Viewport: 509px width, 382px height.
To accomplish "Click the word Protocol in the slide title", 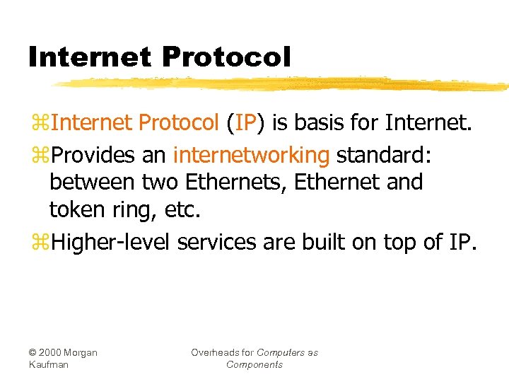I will coord(221,57).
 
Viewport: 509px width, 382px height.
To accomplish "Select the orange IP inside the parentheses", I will coord(245,123).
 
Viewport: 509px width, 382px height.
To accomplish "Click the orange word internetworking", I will coord(251,154).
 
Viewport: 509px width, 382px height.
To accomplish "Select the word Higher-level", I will coord(112,242).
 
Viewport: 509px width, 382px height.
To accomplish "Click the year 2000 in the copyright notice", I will coord(55,352).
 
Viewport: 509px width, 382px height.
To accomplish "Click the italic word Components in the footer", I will coord(255,364).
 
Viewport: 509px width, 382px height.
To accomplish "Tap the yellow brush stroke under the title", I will coord(283,84).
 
